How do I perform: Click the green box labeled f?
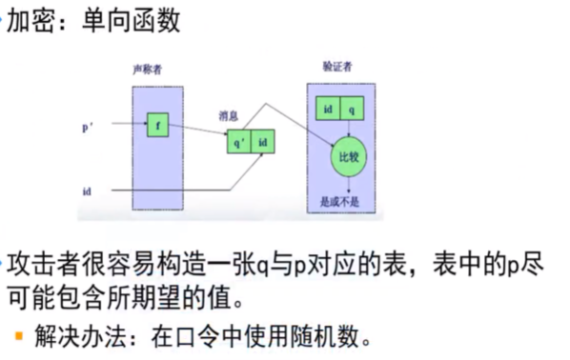point(157,124)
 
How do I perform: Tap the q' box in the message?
point(238,143)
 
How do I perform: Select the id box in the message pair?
point(263,143)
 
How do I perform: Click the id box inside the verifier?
point(328,110)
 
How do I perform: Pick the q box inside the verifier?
point(352,110)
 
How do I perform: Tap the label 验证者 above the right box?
point(337,67)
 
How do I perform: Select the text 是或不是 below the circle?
point(340,202)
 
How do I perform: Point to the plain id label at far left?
point(87,190)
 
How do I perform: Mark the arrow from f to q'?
point(197,131)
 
